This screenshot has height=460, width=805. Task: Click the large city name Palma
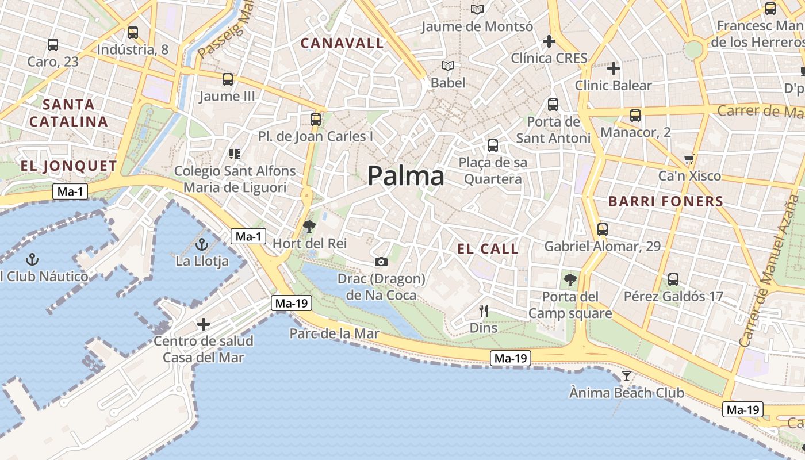406,176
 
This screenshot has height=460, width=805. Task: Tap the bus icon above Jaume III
228,79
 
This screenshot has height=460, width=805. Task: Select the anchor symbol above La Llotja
201,245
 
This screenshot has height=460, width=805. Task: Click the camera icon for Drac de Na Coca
381,262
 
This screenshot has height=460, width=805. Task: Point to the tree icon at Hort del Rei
309,227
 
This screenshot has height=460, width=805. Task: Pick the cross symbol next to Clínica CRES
549,41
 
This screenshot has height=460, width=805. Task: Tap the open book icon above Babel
448,66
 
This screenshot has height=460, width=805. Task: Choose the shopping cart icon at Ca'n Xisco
689,159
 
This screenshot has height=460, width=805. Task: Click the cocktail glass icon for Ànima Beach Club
627,376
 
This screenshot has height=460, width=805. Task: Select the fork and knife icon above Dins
484,311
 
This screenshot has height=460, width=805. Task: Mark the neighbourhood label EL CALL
488,249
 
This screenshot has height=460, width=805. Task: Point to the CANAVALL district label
342,43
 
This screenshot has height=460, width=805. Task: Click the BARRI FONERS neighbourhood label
666,201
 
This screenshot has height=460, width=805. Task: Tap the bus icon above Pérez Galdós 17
673,279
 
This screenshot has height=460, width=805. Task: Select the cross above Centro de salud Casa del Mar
204,324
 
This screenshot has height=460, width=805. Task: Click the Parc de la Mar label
334,333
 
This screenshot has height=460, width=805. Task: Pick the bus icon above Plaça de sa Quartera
493,145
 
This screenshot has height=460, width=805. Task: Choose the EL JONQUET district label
69,166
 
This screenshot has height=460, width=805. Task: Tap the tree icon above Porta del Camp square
570,280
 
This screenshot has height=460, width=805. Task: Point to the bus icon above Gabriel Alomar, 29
603,229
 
